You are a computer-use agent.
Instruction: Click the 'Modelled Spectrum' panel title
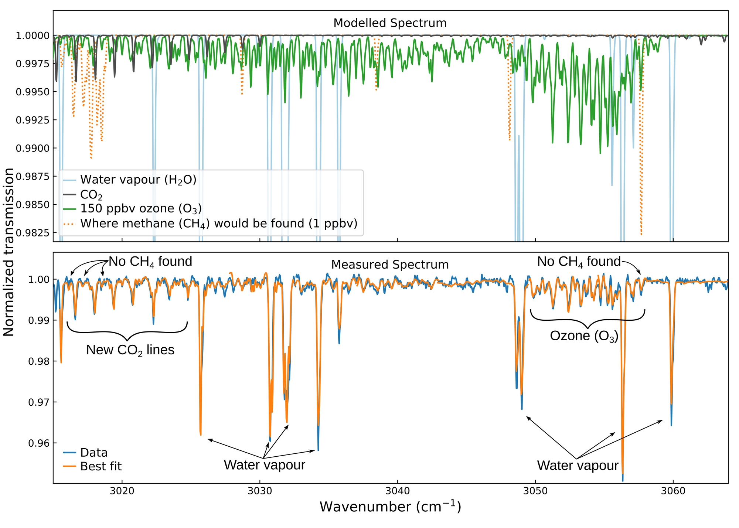(390, 23)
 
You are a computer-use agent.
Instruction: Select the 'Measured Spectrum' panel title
(390, 265)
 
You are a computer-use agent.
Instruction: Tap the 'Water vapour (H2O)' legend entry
(138, 180)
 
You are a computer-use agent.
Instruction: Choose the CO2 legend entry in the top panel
(91, 195)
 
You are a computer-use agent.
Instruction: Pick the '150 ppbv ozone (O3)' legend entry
(141, 209)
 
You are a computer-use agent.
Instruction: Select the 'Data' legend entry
(94, 453)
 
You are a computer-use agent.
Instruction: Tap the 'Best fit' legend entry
(101, 466)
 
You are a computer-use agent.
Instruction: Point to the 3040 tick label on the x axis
(398, 492)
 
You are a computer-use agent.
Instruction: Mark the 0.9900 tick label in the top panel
(33, 149)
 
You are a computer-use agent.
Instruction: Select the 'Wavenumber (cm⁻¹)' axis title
(390, 507)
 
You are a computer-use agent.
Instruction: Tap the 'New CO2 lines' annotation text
(130, 350)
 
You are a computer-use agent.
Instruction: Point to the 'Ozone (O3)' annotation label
(584, 336)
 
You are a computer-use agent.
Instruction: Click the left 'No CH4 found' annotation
(150, 262)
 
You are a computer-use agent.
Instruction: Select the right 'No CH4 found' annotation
(579, 262)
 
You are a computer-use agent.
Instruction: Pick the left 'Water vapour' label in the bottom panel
(265, 465)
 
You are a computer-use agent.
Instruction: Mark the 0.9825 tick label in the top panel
(33, 233)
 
